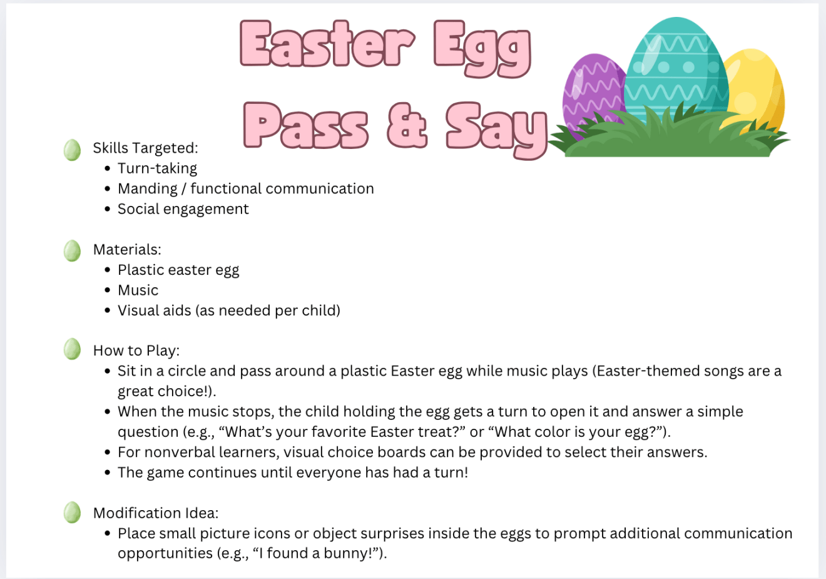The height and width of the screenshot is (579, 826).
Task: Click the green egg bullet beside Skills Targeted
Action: pos(72,150)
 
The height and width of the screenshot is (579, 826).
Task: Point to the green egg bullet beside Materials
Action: pos(72,250)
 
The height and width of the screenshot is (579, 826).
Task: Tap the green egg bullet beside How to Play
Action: pos(72,349)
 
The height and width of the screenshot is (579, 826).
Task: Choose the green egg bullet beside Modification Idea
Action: pos(72,512)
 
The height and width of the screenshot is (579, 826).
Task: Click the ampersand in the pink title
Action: pos(407,125)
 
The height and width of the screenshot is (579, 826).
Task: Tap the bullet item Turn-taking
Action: pos(157,168)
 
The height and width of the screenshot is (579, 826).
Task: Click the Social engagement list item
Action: pos(183,209)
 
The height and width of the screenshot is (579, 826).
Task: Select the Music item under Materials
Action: pos(138,290)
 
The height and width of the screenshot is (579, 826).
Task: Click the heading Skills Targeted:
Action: pos(145,148)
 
